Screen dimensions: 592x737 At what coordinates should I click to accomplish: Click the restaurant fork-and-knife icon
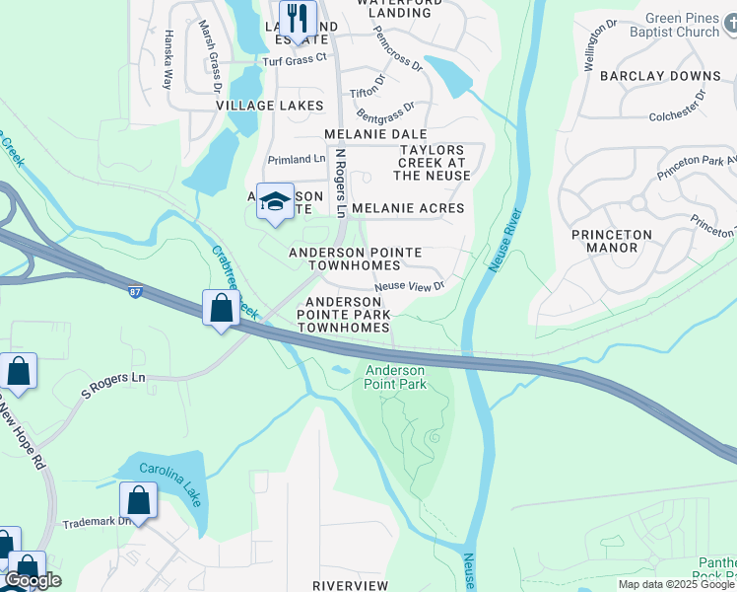297,18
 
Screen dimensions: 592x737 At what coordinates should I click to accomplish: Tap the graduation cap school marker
275,202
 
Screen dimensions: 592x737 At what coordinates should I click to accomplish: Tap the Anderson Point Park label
396,377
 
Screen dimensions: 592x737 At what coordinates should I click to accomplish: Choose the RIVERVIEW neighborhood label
350,585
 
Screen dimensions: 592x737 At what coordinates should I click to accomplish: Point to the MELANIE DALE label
376,133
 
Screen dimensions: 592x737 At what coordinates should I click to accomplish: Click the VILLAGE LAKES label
270,105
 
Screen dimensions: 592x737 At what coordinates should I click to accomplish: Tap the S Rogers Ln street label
112,386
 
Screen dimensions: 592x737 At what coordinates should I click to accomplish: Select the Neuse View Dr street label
410,285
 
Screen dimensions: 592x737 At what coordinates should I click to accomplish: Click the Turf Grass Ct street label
294,59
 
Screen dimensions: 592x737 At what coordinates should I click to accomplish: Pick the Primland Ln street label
297,159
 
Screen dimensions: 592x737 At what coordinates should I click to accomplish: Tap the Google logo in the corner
32,580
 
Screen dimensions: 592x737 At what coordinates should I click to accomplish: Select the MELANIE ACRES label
407,208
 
